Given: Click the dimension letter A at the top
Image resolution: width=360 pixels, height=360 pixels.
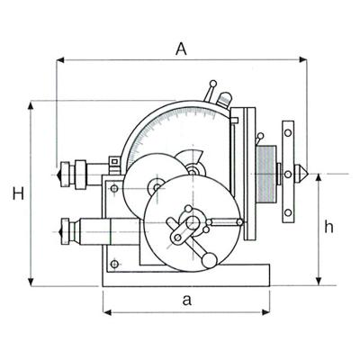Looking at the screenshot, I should click(x=180, y=50).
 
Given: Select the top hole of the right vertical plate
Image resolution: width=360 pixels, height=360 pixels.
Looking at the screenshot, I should click(x=288, y=132).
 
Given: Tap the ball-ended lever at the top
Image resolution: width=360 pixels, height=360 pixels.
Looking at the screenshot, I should click(x=209, y=86).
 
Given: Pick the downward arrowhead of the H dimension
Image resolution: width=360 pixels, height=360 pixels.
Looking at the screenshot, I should click(x=31, y=281).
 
